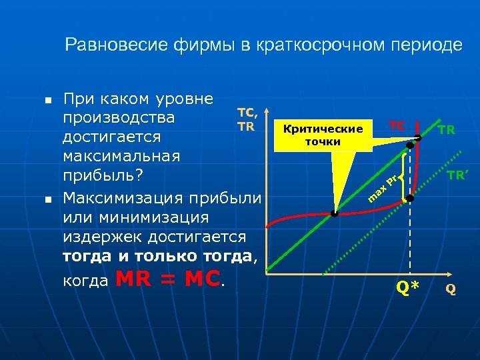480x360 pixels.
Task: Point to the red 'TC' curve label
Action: (397, 125)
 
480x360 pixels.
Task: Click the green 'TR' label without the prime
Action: (447, 130)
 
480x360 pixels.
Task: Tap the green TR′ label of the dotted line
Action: (456, 176)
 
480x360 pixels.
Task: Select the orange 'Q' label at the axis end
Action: (451, 289)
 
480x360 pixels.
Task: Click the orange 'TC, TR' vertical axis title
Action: (247, 120)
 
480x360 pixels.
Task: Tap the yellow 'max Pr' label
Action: (383, 187)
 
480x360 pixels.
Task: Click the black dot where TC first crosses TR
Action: (335, 214)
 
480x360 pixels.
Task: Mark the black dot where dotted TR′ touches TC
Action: (411, 199)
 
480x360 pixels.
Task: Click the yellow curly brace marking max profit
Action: (403, 177)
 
